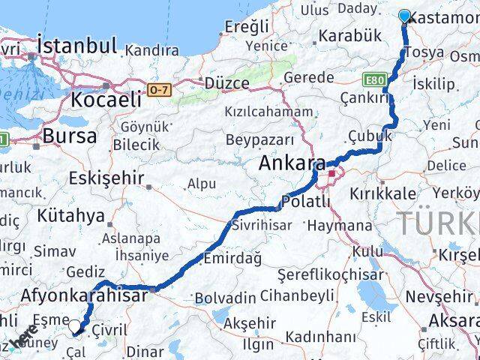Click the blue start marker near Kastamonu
[405, 16]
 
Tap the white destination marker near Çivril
[76, 326]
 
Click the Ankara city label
[292, 163]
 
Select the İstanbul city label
[76, 46]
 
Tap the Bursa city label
[70, 136]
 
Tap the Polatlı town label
[305, 202]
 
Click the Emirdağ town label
[232, 258]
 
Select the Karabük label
[349, 35]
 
